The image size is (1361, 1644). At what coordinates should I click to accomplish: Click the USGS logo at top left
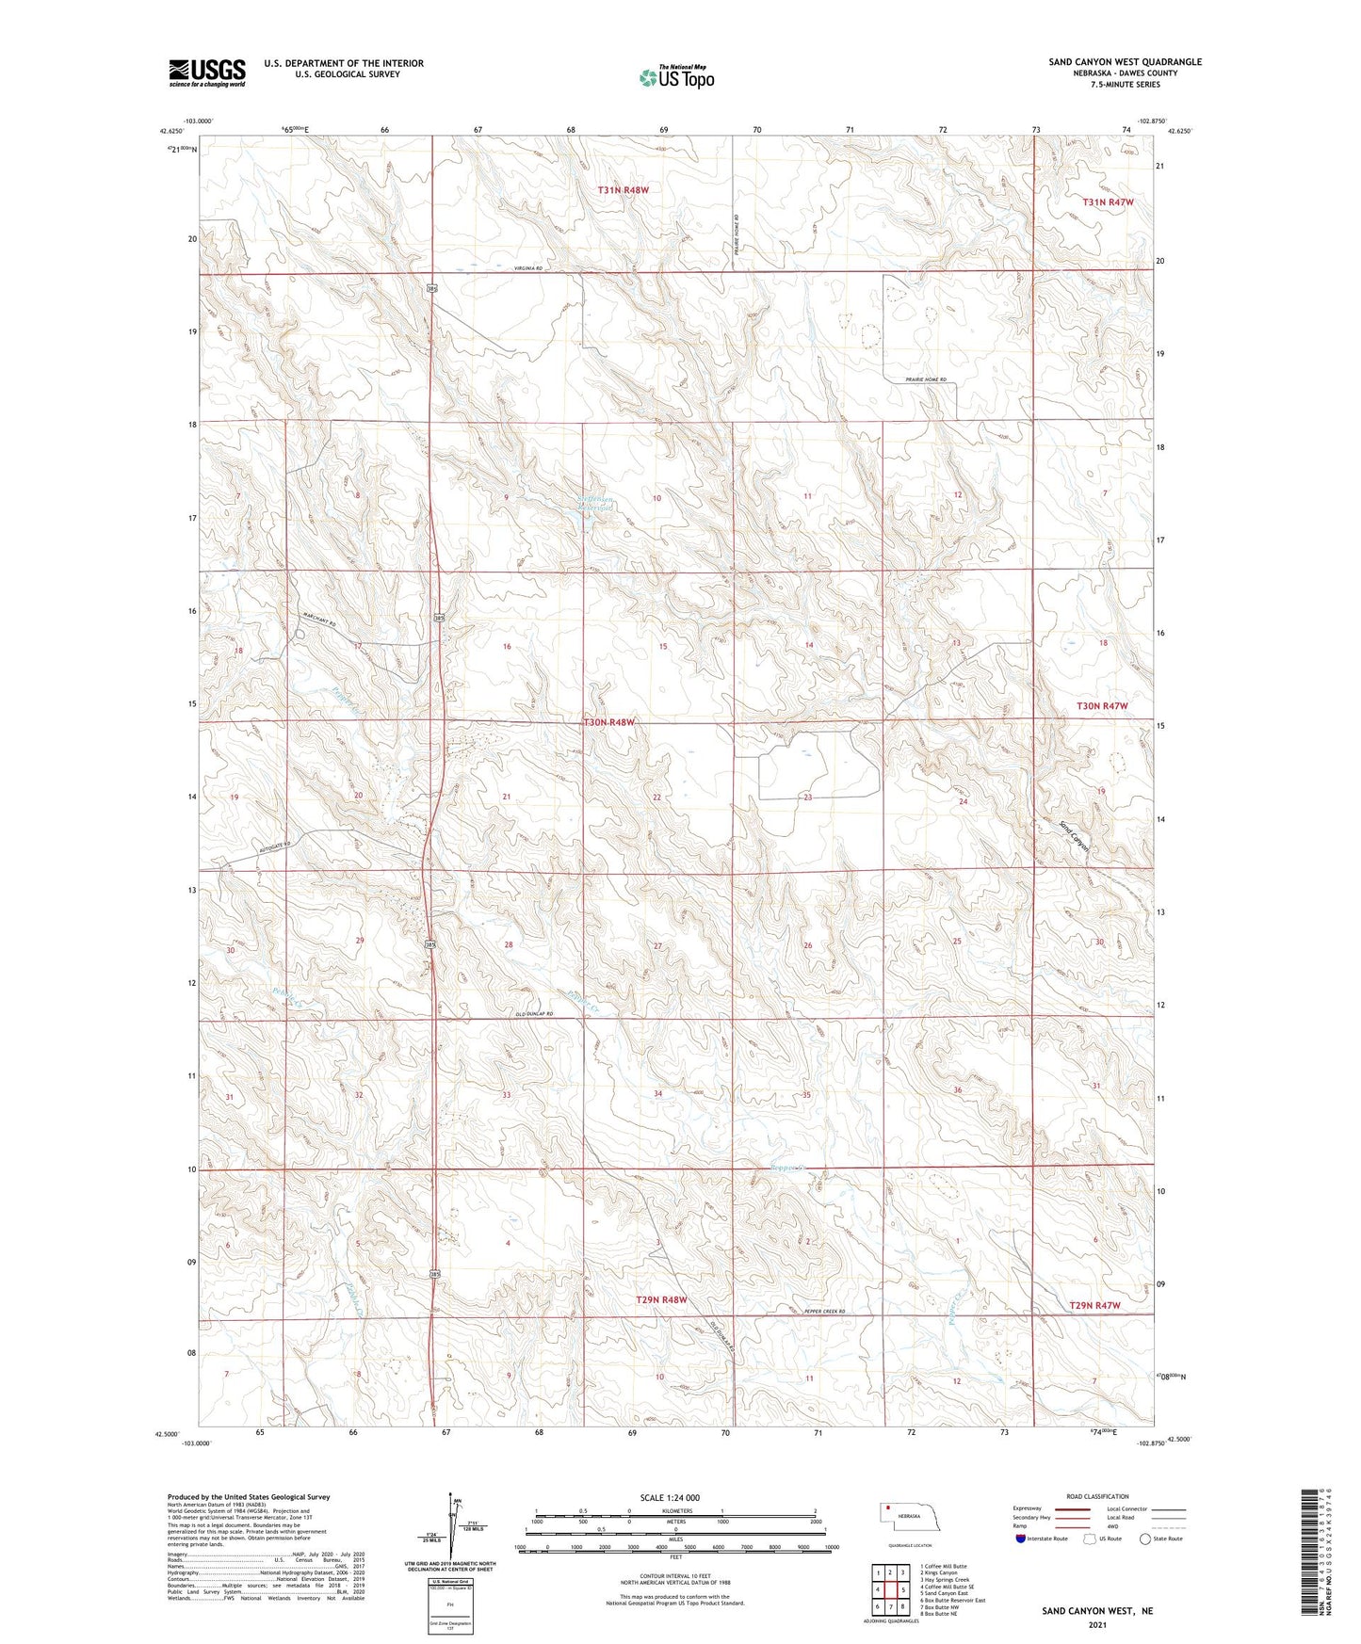pyautogui.click(x=207, y=72)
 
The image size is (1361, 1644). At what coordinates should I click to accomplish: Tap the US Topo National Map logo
pyautogui.click(x=676, y=77)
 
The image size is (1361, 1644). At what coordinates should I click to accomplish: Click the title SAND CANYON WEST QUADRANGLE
pyautogui.click(x=1125, y=62)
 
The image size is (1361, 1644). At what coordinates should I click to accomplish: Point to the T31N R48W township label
pyautogui.click(x=624, y=190)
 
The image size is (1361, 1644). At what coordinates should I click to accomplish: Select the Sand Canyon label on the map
pyautogui.click(x=1075, y=837)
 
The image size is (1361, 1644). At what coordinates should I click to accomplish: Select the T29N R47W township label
pyautogui.click(x=1095, y=1305)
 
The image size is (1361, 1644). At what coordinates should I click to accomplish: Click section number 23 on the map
pyautogui.click(x=807, y=798)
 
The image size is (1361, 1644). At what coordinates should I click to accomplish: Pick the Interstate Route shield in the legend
pyautogui.click(x=1021, y=1539)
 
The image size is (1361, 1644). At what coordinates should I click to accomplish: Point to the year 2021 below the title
pyautogui.click(x=1096, y=1626)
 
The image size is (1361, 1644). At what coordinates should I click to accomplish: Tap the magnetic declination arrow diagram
pyautogui.click(x=449, y=1532)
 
